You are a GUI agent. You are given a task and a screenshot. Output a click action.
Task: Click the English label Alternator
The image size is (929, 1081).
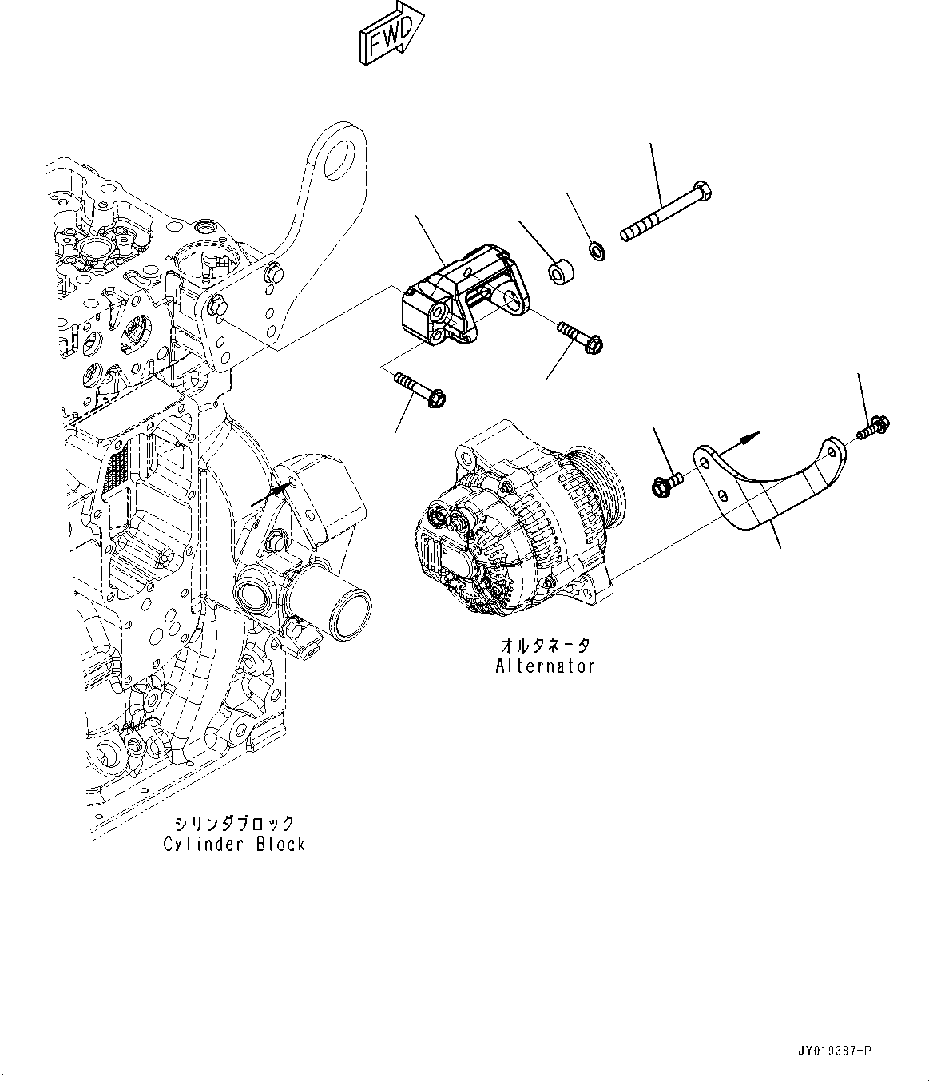546,666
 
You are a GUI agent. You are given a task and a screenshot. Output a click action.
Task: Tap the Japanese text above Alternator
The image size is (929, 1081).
546,645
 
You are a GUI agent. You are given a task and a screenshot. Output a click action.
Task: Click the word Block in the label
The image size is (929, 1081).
280,844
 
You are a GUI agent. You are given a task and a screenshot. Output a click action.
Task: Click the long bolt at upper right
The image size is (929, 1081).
666,213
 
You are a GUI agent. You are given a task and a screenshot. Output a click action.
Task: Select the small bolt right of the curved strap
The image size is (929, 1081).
875,427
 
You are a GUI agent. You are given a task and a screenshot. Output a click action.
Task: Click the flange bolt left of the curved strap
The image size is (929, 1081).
665,483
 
